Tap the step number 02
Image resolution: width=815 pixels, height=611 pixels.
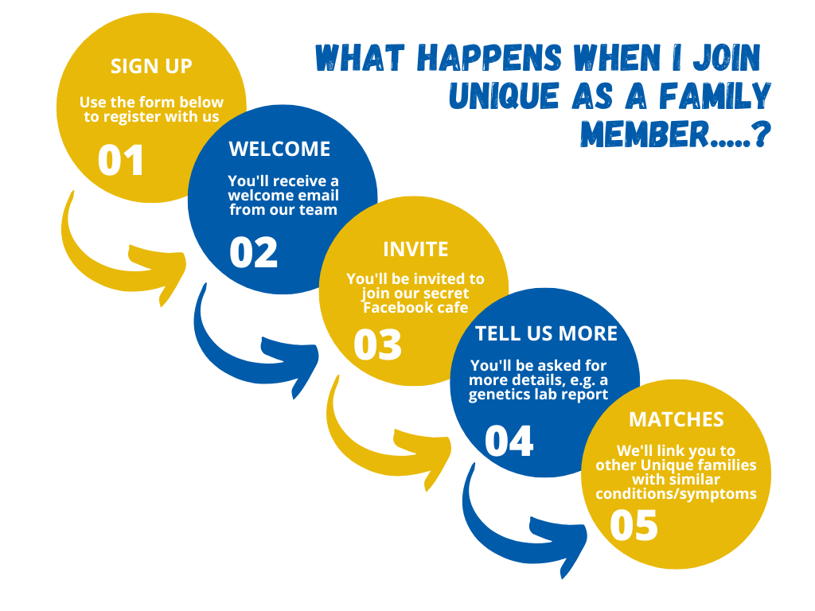[x=253, y=251]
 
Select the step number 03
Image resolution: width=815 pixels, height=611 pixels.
[x=377, y=344]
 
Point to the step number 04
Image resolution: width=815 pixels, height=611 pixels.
[x=509, y=440]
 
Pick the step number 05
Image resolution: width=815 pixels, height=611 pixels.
[x=634, y=525]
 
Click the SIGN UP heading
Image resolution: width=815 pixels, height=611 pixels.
[x=151, y=65]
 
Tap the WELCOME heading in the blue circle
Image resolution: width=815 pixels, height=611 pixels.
[x=279, y=149]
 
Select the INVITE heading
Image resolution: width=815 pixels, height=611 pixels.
[x=415, y=249]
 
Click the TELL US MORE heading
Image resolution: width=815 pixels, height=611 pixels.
[x=546, y=333]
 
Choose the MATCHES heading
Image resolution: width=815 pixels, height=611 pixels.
[x=677, y=419]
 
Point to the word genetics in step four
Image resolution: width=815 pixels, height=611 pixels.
[x=500, y=395]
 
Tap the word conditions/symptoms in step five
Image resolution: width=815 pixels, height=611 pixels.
[x=676, y=494]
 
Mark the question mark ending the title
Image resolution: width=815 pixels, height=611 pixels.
[x=761, y=134]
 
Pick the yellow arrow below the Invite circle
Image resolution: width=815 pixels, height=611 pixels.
[x=374, y=434]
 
